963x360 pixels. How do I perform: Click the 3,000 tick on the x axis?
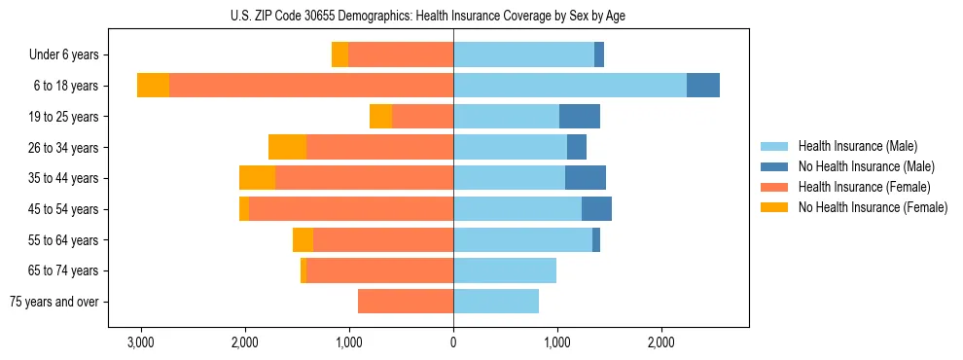tap(141, 343)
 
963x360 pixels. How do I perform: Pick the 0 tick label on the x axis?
tap(453, 343)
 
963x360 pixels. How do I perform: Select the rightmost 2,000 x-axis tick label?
tap(660, 343)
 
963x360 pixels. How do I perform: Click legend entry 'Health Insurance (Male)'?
tap(857, 147)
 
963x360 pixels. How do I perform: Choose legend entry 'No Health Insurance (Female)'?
tap(873, 207)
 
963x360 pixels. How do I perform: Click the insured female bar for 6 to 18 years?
tap(311, 86)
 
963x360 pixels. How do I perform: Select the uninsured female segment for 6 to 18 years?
tap(153, 86)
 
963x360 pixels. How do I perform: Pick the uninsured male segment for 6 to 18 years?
tap(703, 86)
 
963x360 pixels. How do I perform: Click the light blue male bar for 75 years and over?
tap(496, 302)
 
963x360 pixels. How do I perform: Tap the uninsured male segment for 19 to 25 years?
tap(580, 117)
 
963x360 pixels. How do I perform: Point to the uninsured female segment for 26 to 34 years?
tap(287, 147)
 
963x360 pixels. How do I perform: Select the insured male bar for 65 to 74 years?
tap(505, 270)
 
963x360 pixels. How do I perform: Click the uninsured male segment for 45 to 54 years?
tap(596, 209)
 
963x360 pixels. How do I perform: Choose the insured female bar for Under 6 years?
tap(401, 55)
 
